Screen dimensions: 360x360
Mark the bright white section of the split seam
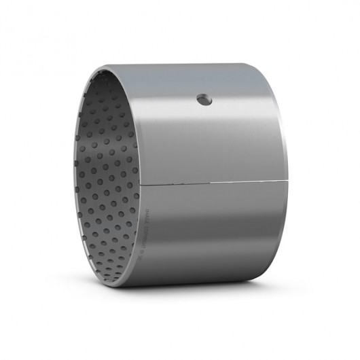[x=231, y=183]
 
